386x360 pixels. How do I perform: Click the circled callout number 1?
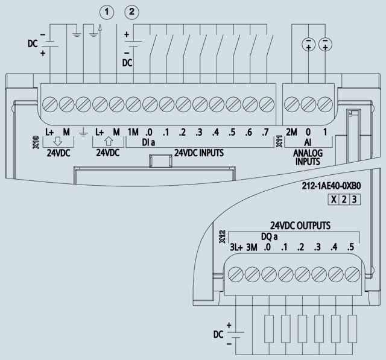tap(106, 12)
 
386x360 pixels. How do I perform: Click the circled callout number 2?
tap(131, 12)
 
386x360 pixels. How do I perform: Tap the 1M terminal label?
tap(133, 131)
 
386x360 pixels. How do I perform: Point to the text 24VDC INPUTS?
tap(199, 153)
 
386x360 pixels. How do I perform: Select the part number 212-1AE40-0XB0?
tap(331, 187)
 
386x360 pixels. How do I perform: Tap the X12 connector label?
tap(222, 235)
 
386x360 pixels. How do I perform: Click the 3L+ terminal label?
tap(236, 248)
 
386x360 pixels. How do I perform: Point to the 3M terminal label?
tap(252, 248)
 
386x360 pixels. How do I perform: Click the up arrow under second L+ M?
tap(107, 142)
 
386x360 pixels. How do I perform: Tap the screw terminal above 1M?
tap(133, 103)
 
